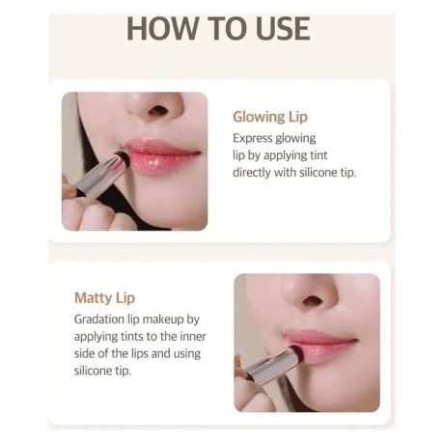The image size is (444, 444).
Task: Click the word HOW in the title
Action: (162, 29)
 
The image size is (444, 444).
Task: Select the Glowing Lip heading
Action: (270, 117)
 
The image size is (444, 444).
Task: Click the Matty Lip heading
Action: (104, 298)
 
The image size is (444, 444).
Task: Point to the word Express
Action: (253, 139)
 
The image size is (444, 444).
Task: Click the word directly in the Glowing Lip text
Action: (252, 173)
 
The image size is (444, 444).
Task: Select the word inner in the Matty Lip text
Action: (193, 337)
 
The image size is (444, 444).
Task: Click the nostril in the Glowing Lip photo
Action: (158, 111)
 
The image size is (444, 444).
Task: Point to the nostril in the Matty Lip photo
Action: (313, 300)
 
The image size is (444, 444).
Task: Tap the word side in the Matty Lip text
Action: (84, 353)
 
